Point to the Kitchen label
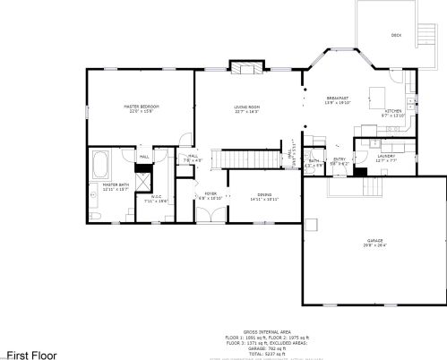(393, 111)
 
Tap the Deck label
(396, 35)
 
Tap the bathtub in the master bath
(99, 166)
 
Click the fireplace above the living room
(246, 67)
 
